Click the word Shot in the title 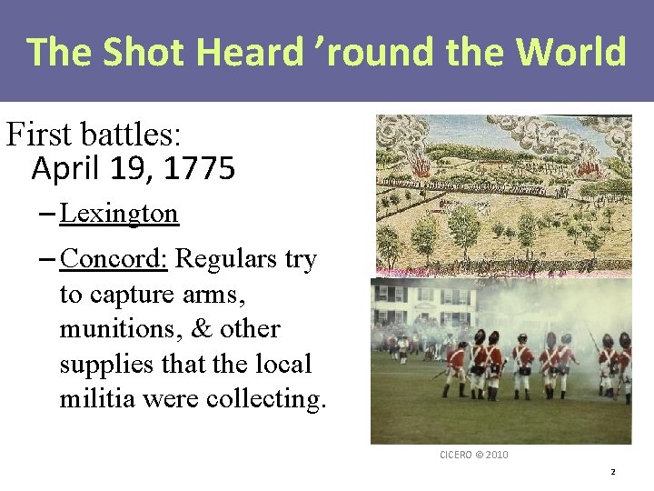click(x=137, y=52)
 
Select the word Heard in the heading click(x=245, y=52)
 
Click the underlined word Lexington click(x=119, y=214)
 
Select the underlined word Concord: click(x=114, y=259)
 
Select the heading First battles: click(x=94, y=135)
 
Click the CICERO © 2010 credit click(x=474, y=454)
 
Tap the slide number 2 click(x=612, y=472)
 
